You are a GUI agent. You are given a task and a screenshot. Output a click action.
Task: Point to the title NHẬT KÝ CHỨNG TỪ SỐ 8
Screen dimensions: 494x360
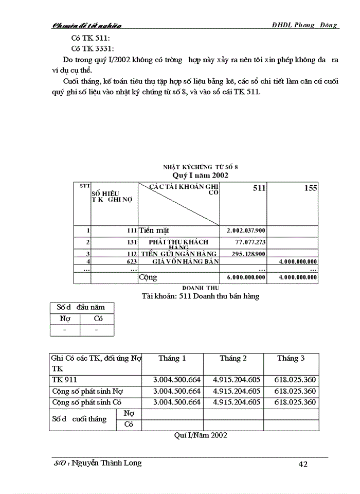tap(200, 167)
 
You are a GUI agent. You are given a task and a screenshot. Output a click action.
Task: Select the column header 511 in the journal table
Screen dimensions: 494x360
tap(259, 188)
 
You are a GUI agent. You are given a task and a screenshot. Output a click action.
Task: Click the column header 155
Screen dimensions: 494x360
tap(310, 188)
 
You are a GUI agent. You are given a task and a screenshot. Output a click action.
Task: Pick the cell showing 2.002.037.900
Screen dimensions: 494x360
tap(246, 231)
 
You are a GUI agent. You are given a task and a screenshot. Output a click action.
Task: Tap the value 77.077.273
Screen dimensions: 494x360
tap(250, 241)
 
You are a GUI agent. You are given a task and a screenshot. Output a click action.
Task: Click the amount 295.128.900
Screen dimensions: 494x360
tap(247, 254)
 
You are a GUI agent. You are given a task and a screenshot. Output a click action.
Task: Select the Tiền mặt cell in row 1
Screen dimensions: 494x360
tap(154, 231)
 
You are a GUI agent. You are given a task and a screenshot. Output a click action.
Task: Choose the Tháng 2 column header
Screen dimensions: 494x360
tap(233, 358)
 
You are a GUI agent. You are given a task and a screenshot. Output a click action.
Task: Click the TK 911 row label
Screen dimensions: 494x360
tap(62, 380)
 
